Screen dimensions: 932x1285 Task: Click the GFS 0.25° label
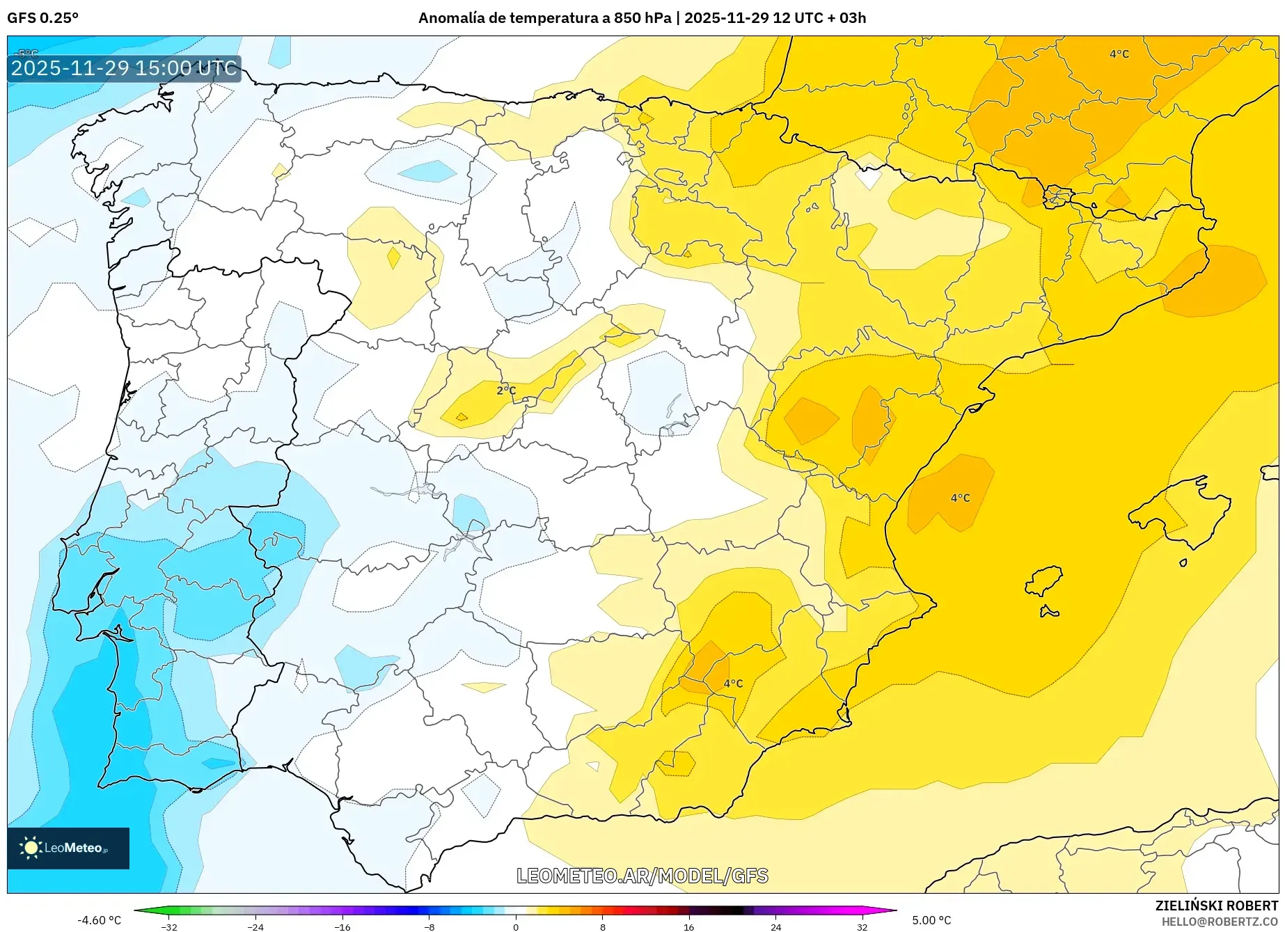[42, 18]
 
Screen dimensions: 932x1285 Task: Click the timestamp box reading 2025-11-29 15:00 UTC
[124, 68]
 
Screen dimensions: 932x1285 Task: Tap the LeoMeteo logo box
[68, 848]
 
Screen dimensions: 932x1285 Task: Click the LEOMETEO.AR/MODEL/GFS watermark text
[642, 876]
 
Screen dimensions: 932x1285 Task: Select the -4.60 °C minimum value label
[99, 920]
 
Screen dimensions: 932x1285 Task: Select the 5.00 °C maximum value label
[931, 920]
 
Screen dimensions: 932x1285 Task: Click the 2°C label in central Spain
[506, 390]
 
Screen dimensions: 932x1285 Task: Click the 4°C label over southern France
[1119, 54]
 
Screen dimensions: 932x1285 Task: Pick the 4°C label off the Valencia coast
[960, 498]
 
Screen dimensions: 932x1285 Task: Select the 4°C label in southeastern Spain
[733, 684]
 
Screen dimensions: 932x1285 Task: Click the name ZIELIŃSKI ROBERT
[1216, 906]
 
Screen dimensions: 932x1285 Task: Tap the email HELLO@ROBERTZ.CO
[1219, 922]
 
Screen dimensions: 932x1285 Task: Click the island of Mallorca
[1180, 512]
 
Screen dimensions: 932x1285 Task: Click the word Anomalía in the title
[450, 18]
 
